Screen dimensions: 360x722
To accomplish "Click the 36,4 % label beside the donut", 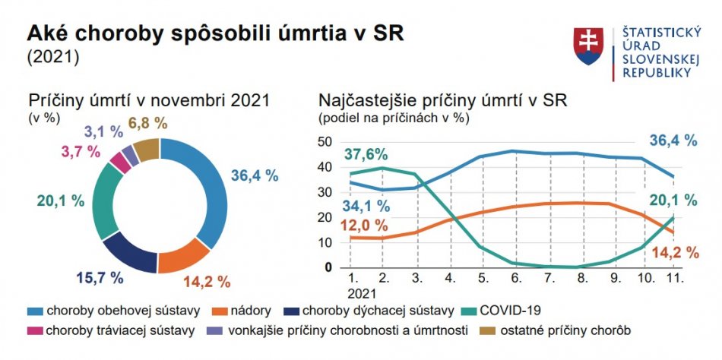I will (x=254, y=175).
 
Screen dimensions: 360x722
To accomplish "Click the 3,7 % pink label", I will (x=80, y=151).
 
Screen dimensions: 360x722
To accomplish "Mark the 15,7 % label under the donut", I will (x=100, y=278).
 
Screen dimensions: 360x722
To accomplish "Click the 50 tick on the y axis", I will (x=325, y=141).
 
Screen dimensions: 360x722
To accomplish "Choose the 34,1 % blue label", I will (x=366, y=205).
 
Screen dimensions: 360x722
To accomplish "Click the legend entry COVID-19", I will (x=514, y=310).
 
